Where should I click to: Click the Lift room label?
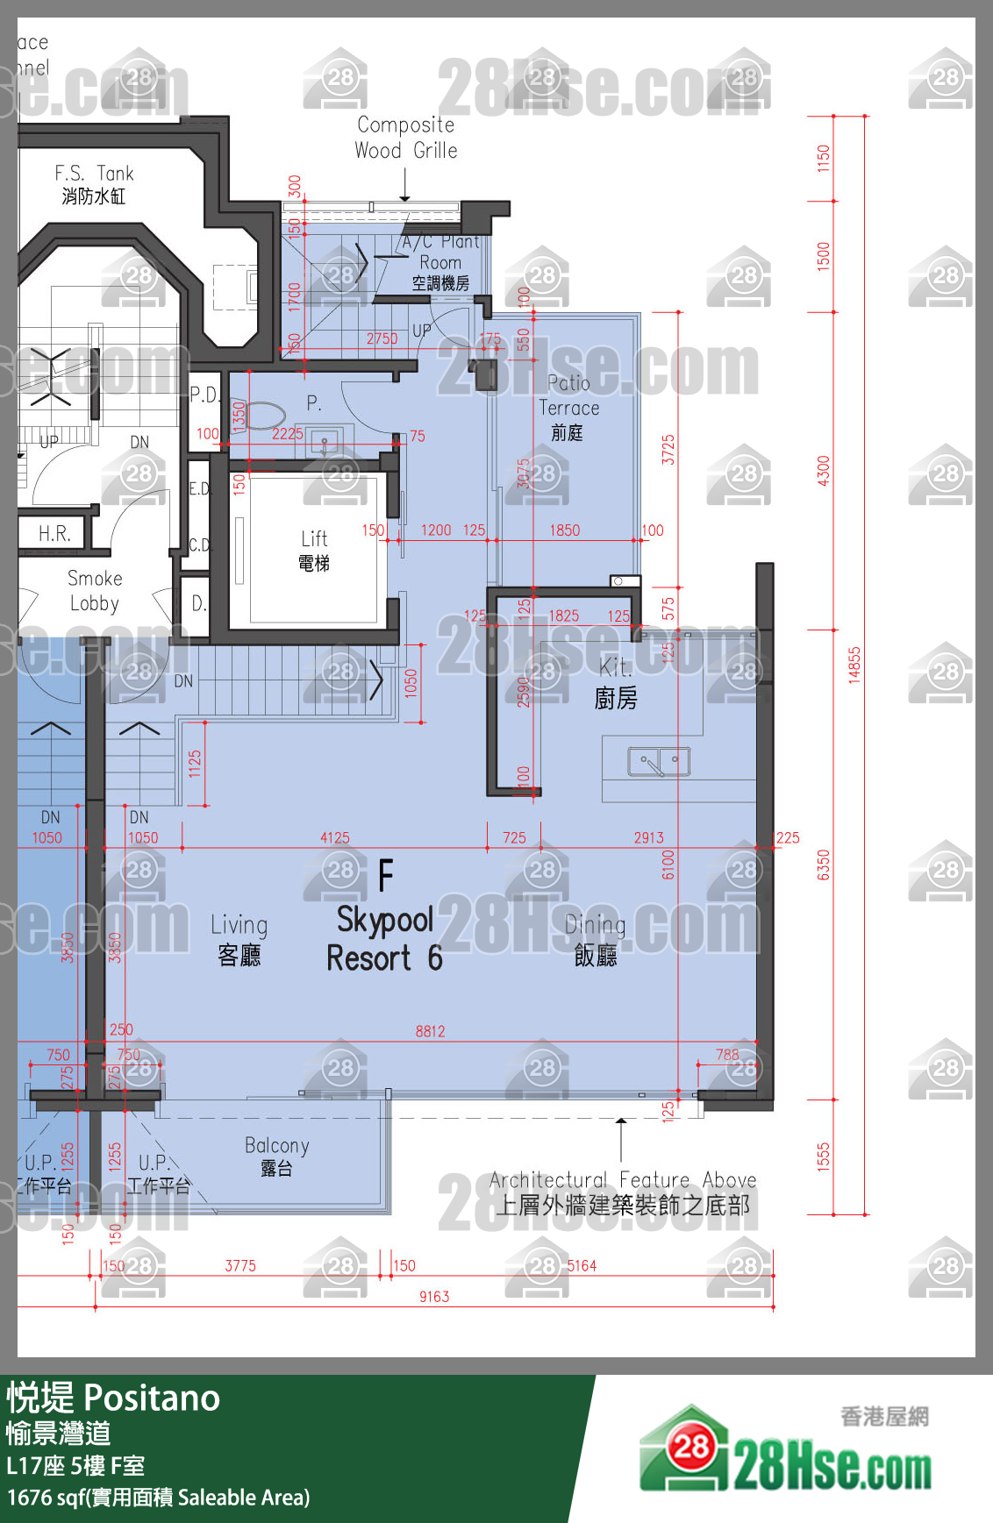(x=314, y=550)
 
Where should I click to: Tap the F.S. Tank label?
(x=94, y=184)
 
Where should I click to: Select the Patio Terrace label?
(x=568, y=408)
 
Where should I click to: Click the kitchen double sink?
(x=659, y=762)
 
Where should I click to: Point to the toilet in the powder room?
(x=264, y=415)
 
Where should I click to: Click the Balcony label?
(x=276, y=1156)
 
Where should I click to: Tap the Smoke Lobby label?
(x=95, y=590)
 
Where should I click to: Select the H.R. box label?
(x=54, y=533)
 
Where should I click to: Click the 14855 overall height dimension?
(x=854, y=665)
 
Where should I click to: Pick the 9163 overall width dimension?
(x=434, y=1296)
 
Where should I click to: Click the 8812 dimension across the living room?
(x=430, y=1031)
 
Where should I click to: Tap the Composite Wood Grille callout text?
(x=405, y=138)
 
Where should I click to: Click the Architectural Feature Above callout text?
(x=622, y=1192)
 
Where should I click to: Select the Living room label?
(x=239, y=938)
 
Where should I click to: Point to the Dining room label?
(x=595, y=938)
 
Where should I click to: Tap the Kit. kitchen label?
(x=615, y=682)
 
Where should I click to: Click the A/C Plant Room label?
(x=440, y=261)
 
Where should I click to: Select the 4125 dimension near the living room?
(x=334, y=837)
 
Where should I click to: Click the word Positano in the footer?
(x=152, y=1398)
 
